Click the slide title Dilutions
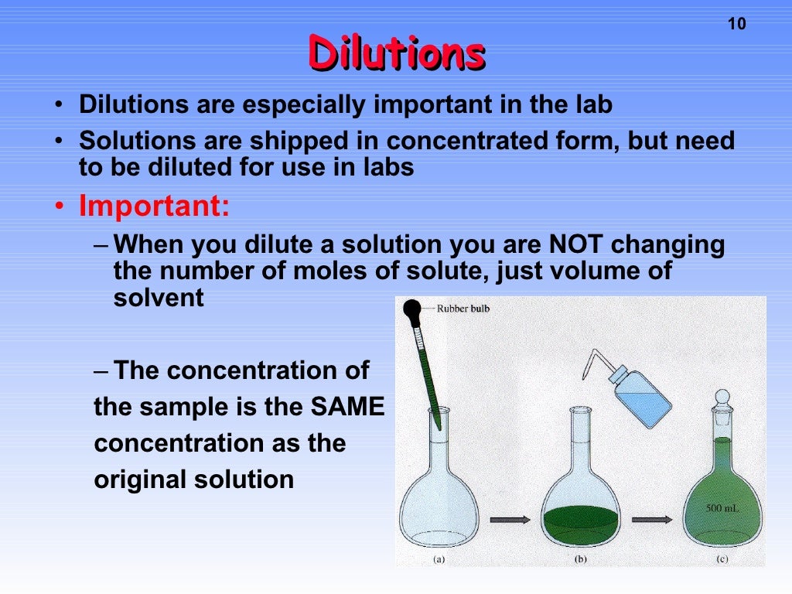point(396,53)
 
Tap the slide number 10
point(737,24)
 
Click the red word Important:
point(154,207)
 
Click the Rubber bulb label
point(463,308)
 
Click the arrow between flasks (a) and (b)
point(510,519)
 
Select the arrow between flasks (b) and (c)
point(652,519)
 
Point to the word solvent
point(159,298)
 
